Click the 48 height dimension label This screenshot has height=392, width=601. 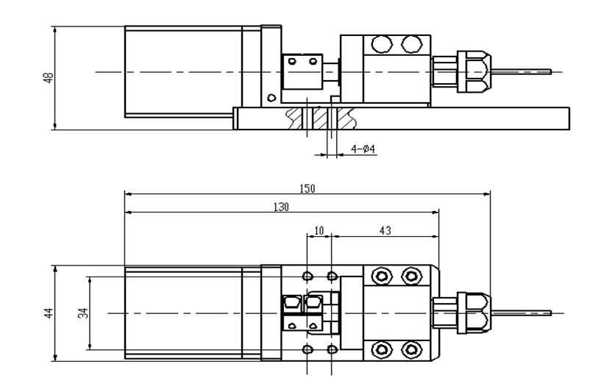pyautogui.click(x=49, y=78)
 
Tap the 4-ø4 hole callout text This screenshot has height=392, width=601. pyautogui.click(x=363, y=149)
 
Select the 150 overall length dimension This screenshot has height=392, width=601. pyautogui.click(x=307, y=188)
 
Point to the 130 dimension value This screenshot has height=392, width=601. pyautogui.click(x=281, y=207)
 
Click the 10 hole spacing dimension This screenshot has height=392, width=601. pyautogui.click(x=319, y=231)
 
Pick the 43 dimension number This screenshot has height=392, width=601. pyautogui.click(x=385, y=231)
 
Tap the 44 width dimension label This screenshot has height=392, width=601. pyautogui.click(x=49, y=313)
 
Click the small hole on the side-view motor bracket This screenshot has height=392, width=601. pyautogui.click(x=271, y=98)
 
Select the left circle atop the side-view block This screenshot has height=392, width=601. pyautogui.click(x=382, y=44)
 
